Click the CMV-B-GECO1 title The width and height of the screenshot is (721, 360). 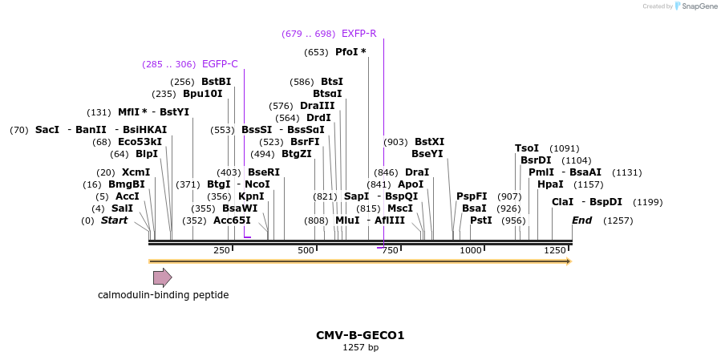[360, 335]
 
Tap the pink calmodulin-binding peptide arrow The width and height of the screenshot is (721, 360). [162, 277]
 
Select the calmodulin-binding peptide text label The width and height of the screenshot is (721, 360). [163, 295]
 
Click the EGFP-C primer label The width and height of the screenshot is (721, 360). [220, 64]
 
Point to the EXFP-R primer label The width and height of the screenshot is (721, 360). [358, 34]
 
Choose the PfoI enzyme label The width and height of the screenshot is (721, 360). [350, 52]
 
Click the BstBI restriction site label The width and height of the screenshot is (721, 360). [216, 82]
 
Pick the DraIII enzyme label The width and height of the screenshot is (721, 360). [318, 106]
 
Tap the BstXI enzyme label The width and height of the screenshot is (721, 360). [429, 142]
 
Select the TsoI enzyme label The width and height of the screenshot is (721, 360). [527, 148]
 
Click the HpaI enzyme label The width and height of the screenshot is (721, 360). [550, 184]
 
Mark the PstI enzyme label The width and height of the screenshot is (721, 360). [481, 220]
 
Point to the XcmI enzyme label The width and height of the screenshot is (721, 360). [136, 172]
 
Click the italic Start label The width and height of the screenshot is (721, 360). [114, 220]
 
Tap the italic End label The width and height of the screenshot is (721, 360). [581, 220]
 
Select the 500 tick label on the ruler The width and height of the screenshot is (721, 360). [306, 251]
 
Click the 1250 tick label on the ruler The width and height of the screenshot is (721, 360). [555, 251]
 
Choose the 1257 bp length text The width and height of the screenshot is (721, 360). [360, 348]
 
